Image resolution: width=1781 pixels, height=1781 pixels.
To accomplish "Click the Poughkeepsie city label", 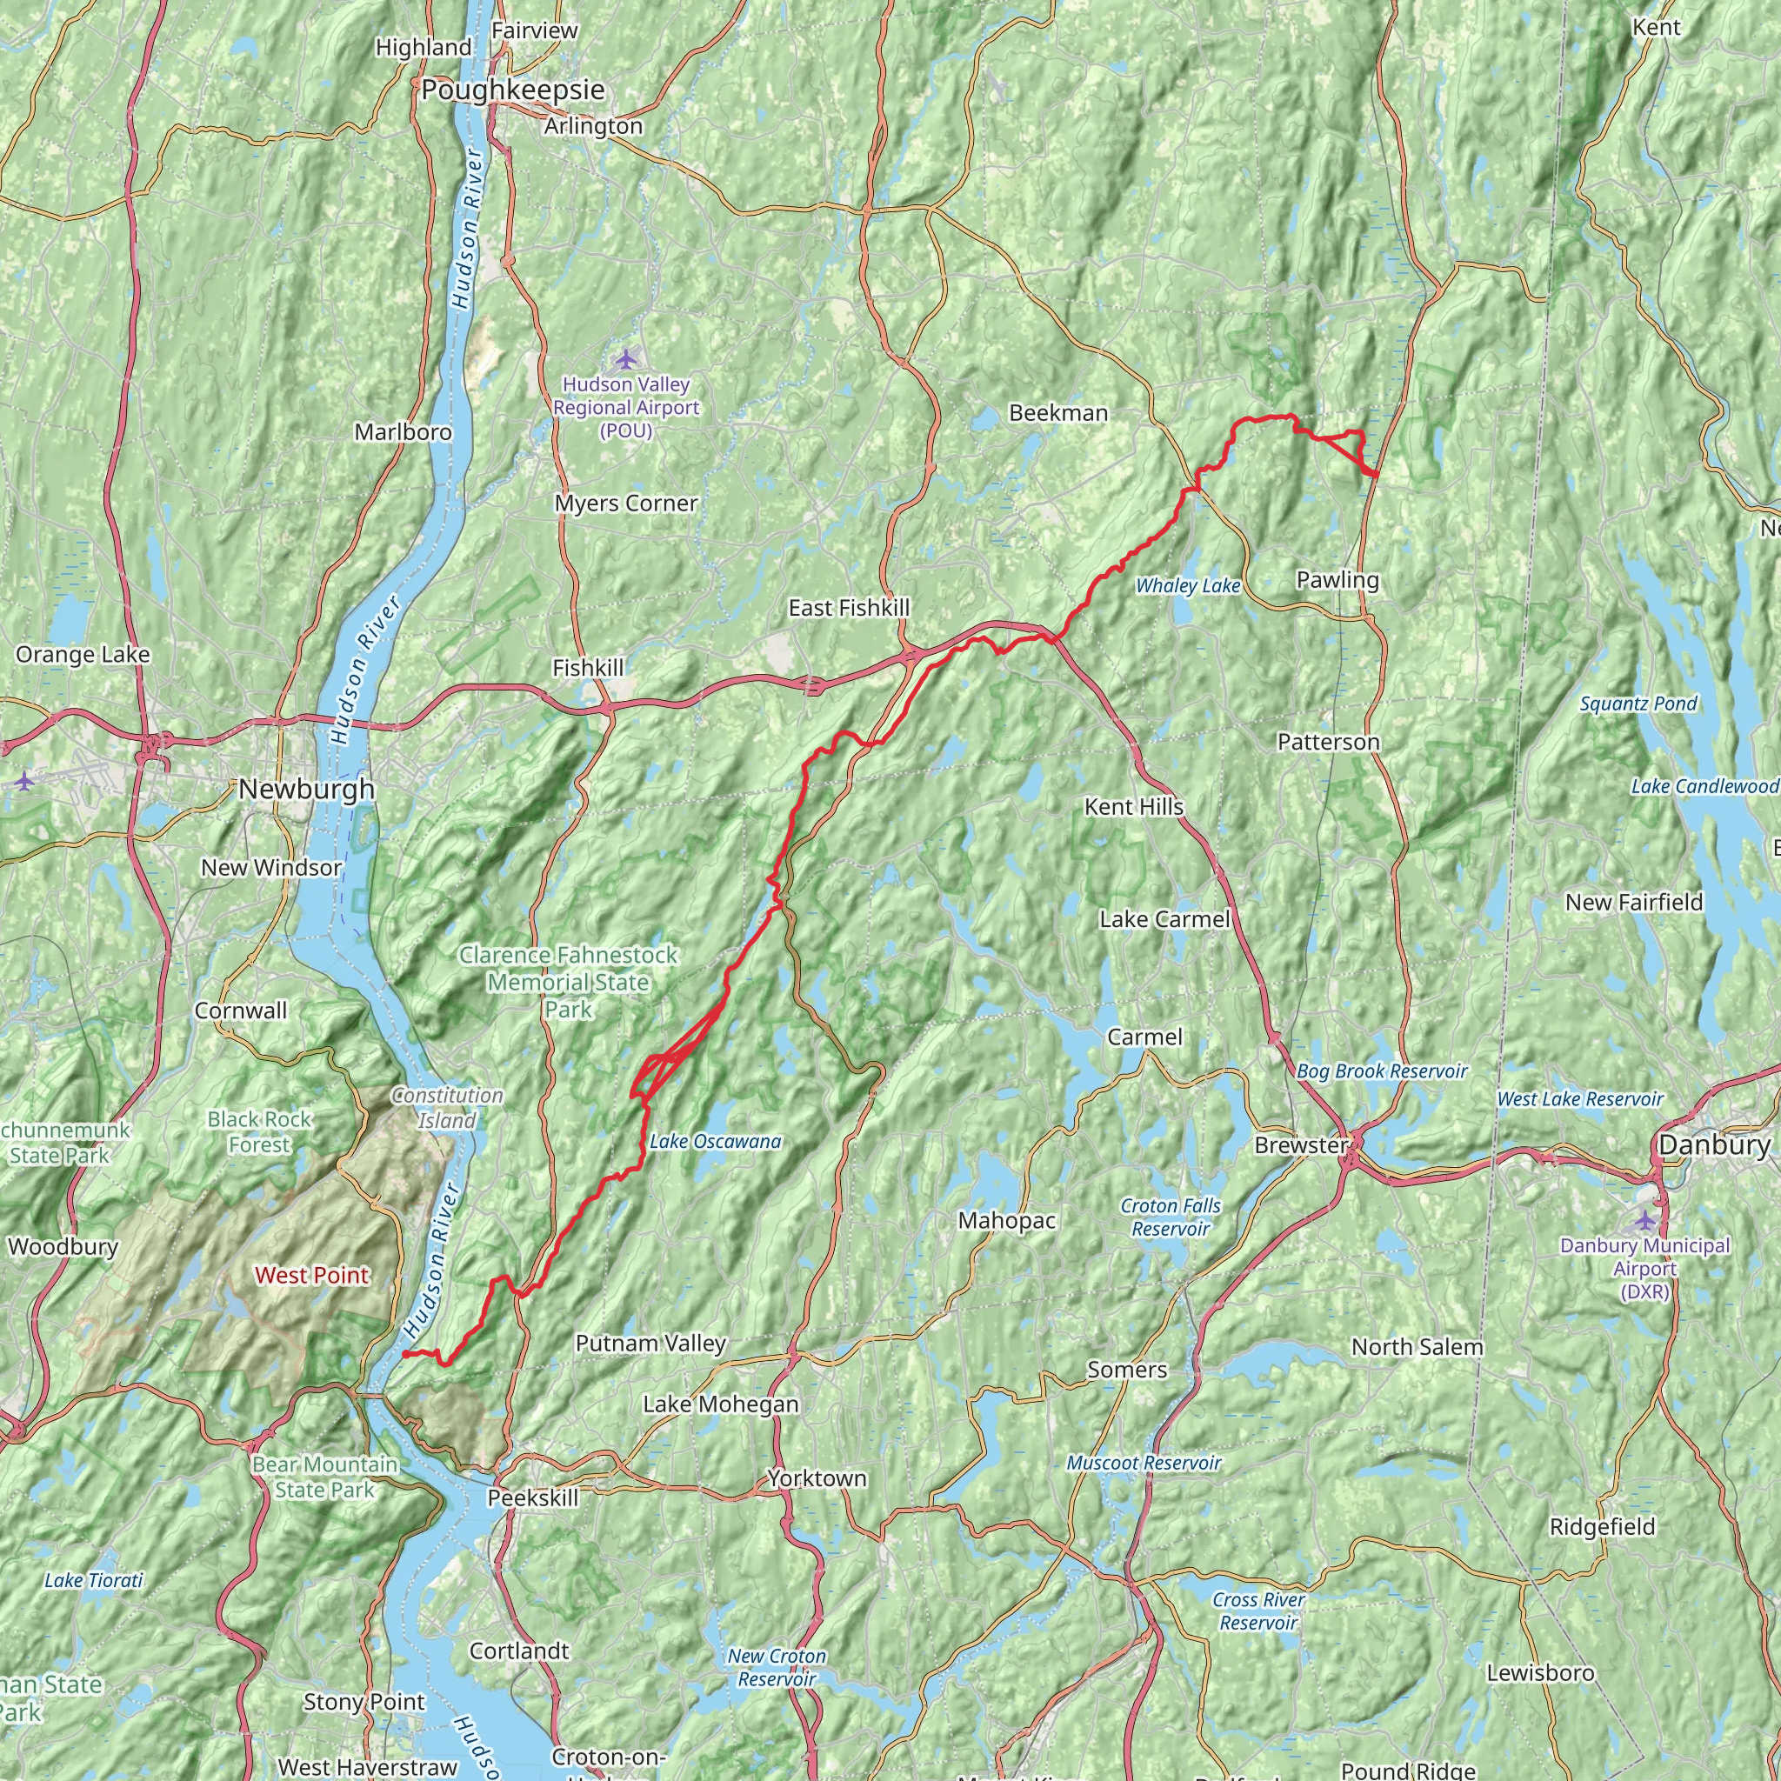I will (x=512, y=90).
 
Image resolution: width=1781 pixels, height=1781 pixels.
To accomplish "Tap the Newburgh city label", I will (x=306, y=789).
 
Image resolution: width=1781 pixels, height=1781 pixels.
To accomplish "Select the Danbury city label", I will (x=1713, y=1145).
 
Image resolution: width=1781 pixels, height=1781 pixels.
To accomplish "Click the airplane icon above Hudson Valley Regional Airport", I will (x=626, y=357).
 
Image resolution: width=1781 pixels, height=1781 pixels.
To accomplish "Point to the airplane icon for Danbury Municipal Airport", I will (x=1644, y=1222).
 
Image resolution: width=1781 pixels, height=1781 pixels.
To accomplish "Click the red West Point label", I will (x=311, y=1275).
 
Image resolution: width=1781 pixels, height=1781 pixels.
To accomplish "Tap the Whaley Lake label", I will (x=1187, y=586).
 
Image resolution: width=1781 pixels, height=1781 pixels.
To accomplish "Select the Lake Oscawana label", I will (x=716, y=1141).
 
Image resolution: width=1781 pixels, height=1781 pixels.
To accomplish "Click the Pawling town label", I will (x=1337, y=580).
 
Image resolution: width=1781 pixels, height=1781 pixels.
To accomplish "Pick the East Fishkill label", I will (x=848, y=608).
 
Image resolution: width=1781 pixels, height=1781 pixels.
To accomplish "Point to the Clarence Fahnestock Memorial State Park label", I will (x=568, y=982).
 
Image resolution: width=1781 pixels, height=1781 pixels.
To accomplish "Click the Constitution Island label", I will (x=447, y=1107).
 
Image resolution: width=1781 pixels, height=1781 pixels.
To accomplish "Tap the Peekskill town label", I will (x=533, y=1498).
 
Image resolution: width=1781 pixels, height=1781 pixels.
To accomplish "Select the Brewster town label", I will (x=1301, y=1145).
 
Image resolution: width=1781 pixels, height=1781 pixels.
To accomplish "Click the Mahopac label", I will (x=1007, y=1220).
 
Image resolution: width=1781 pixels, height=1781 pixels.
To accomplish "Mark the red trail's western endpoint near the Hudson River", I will (x=405, y=1354).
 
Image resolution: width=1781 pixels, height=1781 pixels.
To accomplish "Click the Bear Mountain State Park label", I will (x=324, y=1477).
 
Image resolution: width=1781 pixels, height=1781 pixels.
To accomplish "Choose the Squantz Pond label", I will (x=1638, y=704).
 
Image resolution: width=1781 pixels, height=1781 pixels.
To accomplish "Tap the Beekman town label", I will (x=1058, y=413).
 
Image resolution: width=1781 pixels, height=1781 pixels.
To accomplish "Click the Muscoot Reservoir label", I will (x=1143, y=1463).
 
